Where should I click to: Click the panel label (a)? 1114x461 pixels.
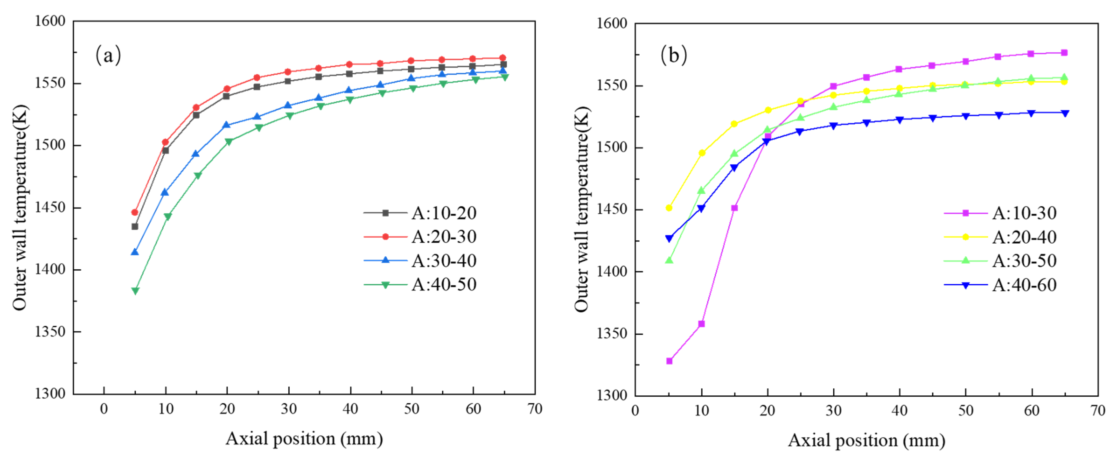pos(108,55)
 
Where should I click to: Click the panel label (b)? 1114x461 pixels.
pos(673,55)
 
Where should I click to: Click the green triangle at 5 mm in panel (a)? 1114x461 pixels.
pos(135,291)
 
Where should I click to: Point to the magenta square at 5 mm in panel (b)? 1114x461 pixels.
pos(669,361)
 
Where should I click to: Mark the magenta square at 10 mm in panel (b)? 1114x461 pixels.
pos(702,324)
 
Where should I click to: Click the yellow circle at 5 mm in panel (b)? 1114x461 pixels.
pos(669,208)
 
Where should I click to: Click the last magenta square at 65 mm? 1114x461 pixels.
pos(1064,53)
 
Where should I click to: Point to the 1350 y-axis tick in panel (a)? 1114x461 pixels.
pos(50,332)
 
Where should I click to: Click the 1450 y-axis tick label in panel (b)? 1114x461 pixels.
pos(611,209)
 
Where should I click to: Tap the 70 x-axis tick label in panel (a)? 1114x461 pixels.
pos(535,409)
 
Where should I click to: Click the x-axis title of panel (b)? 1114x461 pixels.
pos(866,441)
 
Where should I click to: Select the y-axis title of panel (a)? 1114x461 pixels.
pos(20,207)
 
